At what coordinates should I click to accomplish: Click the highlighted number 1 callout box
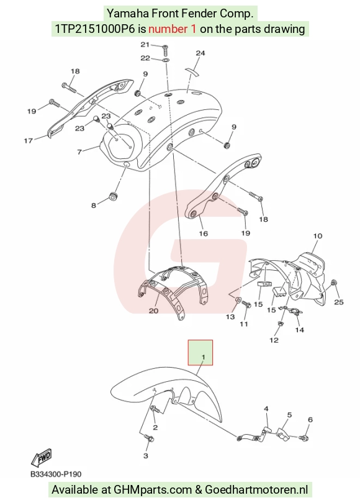(200, 353)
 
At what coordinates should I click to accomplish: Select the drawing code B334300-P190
(56, 474)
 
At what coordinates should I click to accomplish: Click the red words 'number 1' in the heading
(173, 29)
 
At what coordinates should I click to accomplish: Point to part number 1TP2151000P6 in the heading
(95, 29)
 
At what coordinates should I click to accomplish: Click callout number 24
(200, 53)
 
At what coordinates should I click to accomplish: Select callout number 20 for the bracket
(153, 310)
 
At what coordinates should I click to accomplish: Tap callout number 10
(317, 236)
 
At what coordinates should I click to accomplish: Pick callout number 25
(339, 302)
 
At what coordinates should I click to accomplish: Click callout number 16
(203, 233)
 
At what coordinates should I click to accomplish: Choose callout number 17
(28, 140)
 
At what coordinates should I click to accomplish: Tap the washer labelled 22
(166, 60)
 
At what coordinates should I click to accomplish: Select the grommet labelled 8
(114, 196)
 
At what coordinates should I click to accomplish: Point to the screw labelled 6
(304, 437)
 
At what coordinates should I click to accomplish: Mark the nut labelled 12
(281, 324)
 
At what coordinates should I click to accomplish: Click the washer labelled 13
(238, 299)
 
